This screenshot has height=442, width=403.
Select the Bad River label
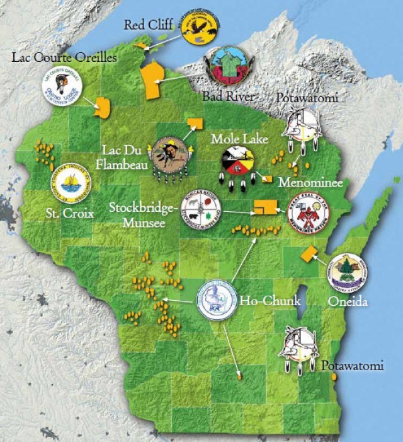pyautogui.click(x=227, y=96)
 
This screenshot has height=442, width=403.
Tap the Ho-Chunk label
pyautogui.click(x=260, y=301)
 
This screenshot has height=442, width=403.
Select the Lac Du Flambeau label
pyautogui.click(x=126, y=157)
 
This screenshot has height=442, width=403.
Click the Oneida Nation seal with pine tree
pyautogui.click(x=348, y=272)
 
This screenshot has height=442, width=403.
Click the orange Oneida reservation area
pyautogui.click(x=308, y=254)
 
